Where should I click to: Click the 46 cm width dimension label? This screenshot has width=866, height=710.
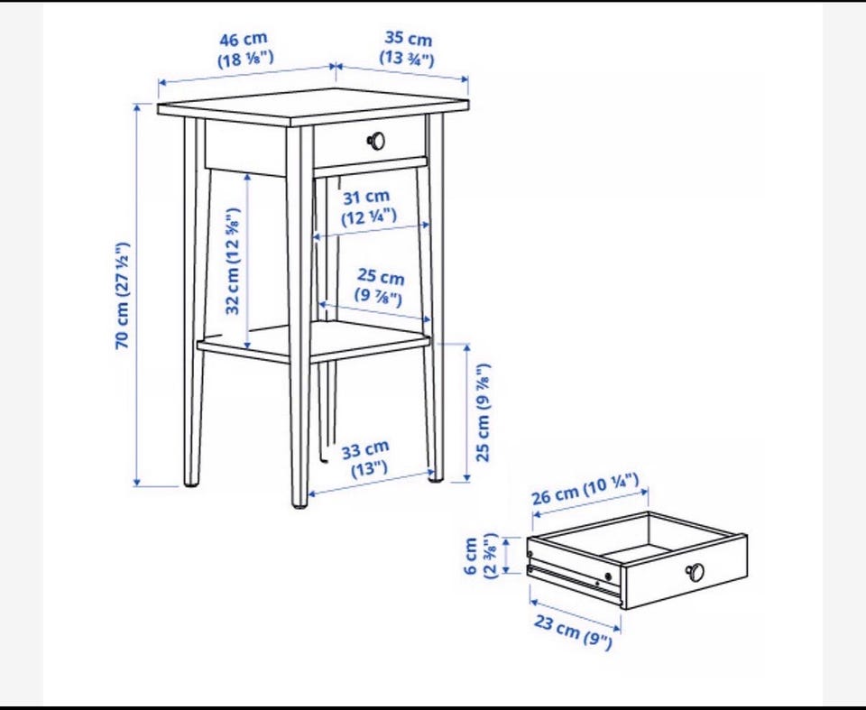pos(245,49)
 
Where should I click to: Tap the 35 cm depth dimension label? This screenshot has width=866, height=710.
pos(408,49)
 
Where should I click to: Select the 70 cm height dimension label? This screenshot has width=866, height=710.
pos(122,295)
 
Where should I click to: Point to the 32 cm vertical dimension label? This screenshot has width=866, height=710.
pos(233,261)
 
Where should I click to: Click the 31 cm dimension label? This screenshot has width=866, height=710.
pos(368,207)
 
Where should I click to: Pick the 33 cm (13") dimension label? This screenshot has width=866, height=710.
pos(366,458)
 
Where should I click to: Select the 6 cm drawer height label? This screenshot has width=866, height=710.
pos(479,556)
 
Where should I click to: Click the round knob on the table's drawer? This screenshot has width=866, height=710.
pos(377,141)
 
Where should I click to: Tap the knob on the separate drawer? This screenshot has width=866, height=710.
pos(695,572)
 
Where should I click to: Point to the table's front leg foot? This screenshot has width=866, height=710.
pos(299,503)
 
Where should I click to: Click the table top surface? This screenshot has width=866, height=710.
pos(313,105)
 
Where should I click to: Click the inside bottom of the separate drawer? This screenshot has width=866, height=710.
pos(640,551)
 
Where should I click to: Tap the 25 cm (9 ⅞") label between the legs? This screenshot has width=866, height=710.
pos(380,286)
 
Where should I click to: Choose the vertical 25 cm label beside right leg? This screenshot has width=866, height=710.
pos(483,412)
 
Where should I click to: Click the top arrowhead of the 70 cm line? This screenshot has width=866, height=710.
pos(136,106)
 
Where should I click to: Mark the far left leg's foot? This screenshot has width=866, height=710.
pos(191,483)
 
